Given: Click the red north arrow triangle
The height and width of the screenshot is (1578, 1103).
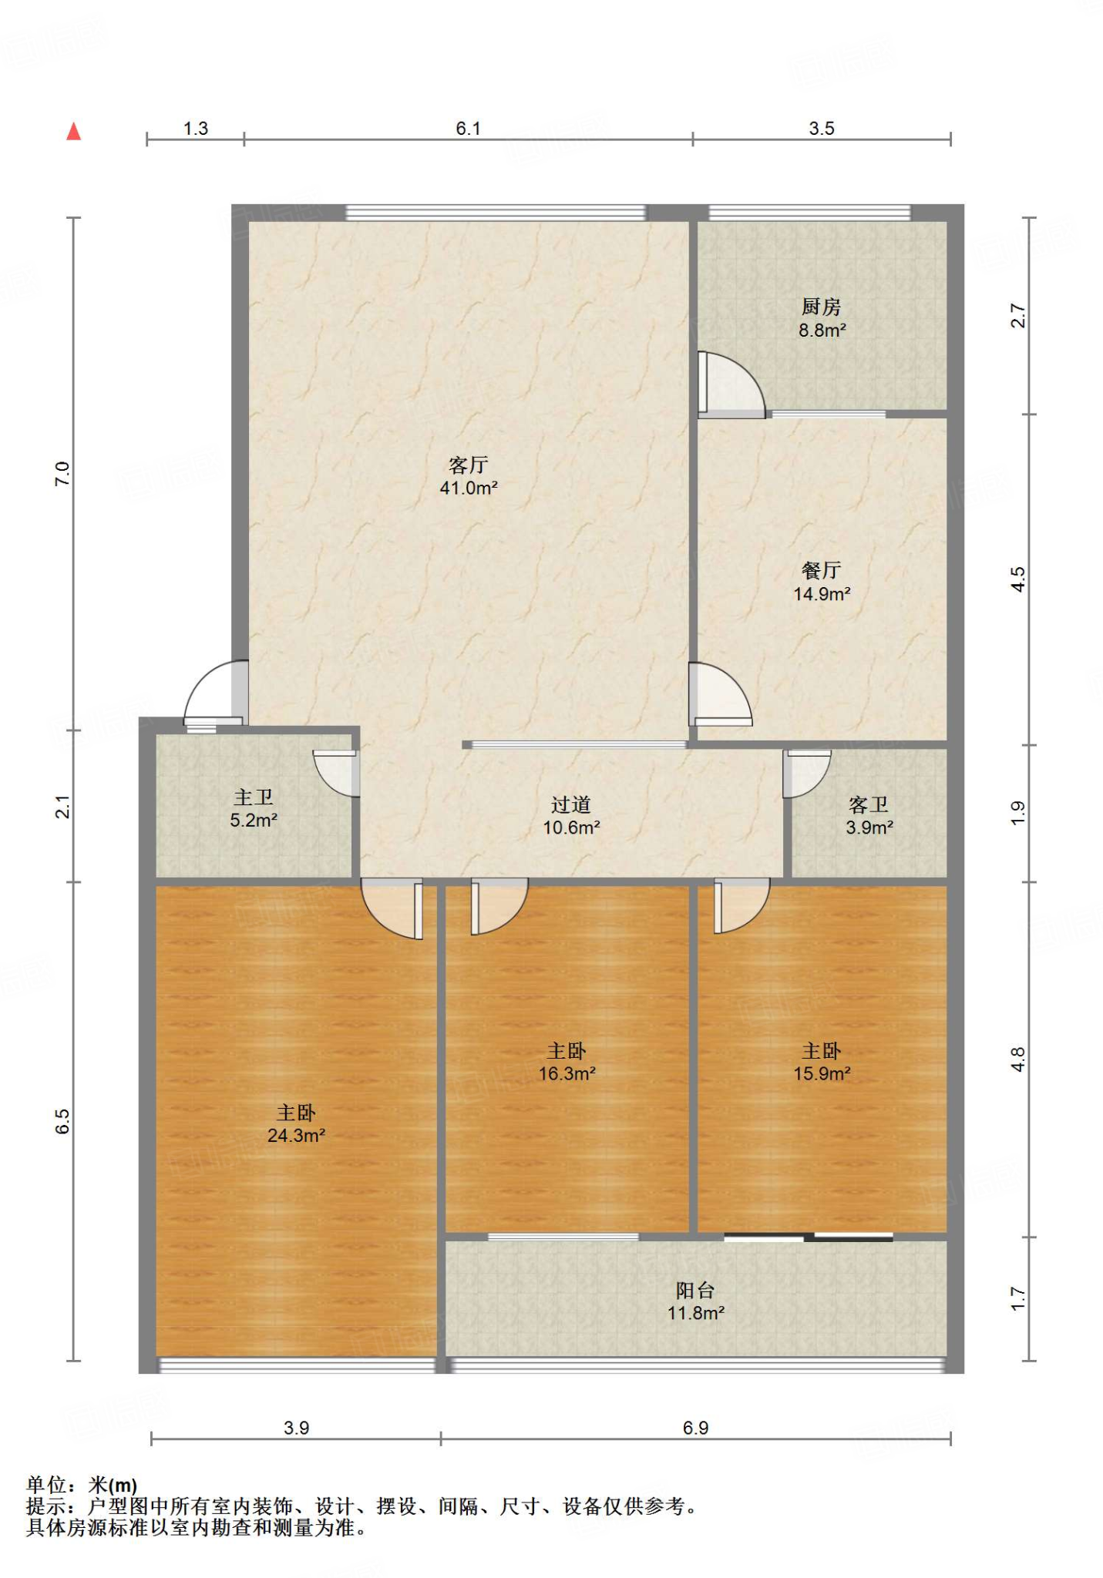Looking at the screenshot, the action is tap(74, 132).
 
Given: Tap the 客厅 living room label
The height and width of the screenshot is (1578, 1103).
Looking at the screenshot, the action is tap(469, 465).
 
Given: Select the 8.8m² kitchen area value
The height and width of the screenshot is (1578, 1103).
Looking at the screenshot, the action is tap(822, 331).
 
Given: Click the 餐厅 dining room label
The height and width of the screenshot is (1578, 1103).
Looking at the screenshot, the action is tap(821, 570).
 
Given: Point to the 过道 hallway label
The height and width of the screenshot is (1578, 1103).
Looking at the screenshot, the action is tap(571, 804).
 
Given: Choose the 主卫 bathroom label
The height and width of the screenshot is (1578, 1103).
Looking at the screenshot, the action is tap(254, 797).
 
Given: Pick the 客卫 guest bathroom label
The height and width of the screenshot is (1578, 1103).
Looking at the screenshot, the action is tap(869, 804).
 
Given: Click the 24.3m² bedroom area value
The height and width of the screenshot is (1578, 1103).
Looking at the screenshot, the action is tap(296, 1135).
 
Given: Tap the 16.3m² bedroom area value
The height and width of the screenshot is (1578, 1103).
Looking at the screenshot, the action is tap(567, 1073).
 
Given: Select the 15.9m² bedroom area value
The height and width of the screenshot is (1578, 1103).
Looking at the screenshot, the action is tap(822, 1073).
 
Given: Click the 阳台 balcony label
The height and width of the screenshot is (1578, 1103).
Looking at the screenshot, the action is tap(695, 1290).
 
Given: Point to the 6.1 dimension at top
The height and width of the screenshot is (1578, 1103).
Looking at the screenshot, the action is tap(468, 129).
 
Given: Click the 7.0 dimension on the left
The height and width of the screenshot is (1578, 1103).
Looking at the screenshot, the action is tap(62, 473).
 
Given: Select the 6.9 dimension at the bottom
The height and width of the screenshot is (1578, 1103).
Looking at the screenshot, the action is tap(695, 1428).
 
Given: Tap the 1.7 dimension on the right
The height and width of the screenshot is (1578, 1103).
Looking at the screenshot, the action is tap(1017, 1298).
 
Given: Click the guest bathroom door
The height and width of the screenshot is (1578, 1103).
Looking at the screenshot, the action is tap(806, 774).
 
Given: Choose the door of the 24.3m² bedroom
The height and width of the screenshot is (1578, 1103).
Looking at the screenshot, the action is tap(393, 911).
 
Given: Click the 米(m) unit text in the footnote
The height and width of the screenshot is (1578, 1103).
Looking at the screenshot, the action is tap(113, 1485).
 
